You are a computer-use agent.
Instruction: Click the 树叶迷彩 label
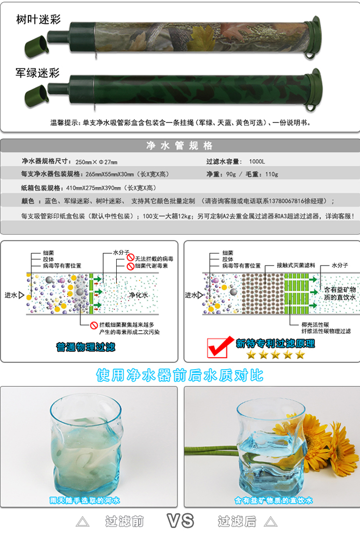[38, 19]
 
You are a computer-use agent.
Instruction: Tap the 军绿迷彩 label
[38, 73]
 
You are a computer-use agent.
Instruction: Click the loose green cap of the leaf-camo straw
[37, 45]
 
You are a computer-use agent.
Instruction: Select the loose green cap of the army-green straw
[37, 96]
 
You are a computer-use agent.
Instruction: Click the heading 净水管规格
[180, 145]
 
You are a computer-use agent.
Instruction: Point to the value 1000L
[257, 161]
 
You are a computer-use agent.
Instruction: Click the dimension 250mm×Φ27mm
[96, 162]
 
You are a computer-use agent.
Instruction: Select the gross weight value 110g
[272, 174]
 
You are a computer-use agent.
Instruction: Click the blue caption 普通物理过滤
[86, 347]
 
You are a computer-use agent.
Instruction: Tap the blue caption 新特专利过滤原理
[275, 343]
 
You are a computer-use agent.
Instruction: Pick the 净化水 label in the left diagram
[139, 295]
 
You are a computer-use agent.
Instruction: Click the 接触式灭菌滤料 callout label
[295, 265]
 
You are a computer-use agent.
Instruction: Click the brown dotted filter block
[263, 293]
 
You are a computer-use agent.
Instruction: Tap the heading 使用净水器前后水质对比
[180, 375]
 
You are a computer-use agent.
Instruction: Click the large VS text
[180, 521]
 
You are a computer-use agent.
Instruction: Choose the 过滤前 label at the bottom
[125, 521]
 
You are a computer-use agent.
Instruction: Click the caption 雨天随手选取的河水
[85, 500]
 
